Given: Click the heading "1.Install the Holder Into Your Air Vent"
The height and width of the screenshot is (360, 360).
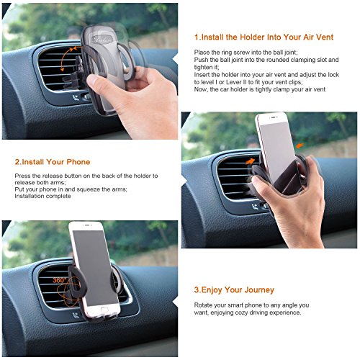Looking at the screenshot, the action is (x=264, y=37).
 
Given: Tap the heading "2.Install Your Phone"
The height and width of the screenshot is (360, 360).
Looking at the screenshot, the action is (x=53, y=162).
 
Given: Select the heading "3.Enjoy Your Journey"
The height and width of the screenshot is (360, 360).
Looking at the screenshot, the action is (x=234, y=290).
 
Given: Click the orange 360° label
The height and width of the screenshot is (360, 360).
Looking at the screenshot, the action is (x=59, y=280).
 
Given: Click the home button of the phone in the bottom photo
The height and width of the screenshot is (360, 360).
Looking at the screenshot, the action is (x=104, y=310).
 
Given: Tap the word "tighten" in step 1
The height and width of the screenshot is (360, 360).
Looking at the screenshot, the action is (x=203, y=67).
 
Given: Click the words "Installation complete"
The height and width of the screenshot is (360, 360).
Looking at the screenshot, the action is (x=42, y=196).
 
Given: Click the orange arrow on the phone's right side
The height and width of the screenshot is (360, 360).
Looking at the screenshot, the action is (x=300, y=145).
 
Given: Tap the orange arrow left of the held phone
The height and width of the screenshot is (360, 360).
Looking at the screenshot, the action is (x=251, y=161).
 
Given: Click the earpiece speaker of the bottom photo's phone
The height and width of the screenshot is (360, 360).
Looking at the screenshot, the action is (x=87, y=225).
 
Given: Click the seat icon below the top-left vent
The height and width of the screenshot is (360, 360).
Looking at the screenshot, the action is (x=76, y=98).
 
